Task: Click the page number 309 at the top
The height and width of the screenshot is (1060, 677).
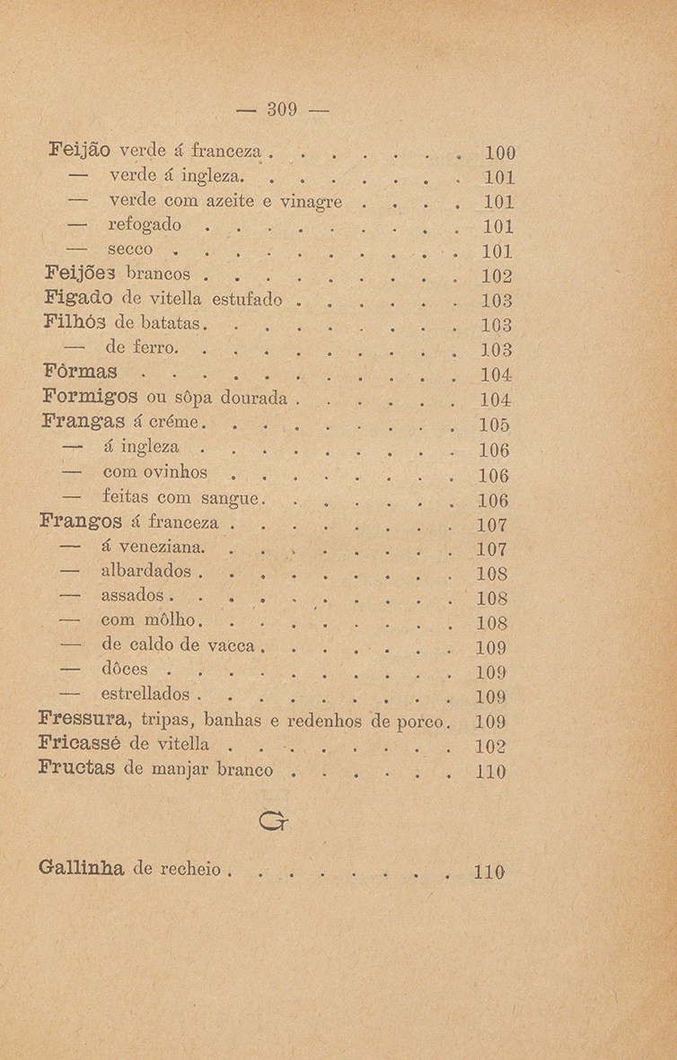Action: tap(281, 112)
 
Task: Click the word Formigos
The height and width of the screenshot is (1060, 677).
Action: tap(84, 397)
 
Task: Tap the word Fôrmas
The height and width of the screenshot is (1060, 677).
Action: tap(80, 372)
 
